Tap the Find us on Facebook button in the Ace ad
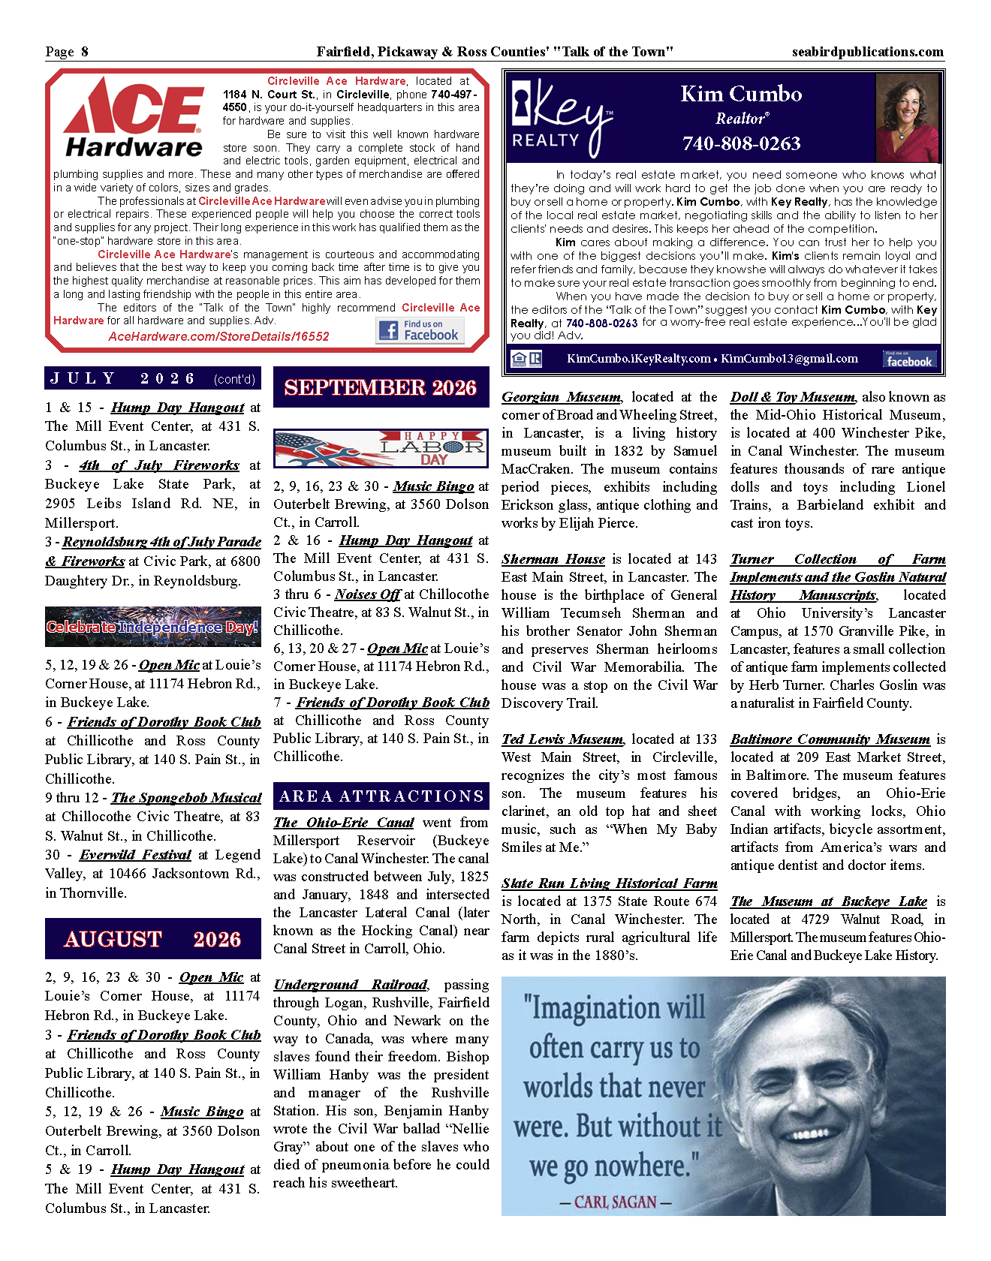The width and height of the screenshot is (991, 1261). coord(420,330)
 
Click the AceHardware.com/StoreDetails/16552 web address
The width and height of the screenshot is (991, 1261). coord(218,336)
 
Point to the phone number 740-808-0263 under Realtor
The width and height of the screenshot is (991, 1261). coord(741,143)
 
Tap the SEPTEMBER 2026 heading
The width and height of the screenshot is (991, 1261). coord(381,387)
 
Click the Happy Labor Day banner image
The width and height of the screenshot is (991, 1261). coord(381,449)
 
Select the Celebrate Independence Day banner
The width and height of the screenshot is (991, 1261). coord(152,627)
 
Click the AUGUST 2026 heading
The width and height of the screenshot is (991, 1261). coord(152,939)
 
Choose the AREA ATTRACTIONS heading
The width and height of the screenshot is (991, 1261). coord(381,796)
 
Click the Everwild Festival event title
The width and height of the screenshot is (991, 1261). coord(136,855)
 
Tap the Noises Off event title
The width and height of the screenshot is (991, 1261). coord(368,594)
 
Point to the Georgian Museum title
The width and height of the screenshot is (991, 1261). coord(562,397)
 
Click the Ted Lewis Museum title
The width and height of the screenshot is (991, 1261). coord(562,739)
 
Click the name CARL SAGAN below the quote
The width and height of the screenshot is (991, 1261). coord(616,1202)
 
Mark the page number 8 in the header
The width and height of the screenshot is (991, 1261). coord(85,52)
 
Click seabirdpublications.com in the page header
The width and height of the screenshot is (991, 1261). coord(867,52)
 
